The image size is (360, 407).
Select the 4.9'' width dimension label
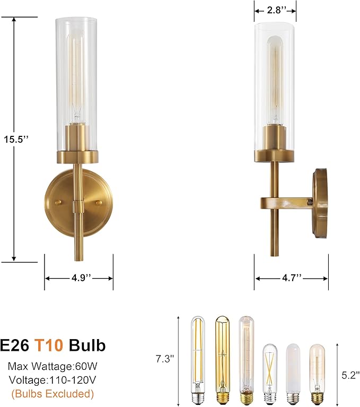(x=78, y=278)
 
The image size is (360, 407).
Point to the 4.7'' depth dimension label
(x=291, y=278)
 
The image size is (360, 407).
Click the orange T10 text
(x=49, y=345)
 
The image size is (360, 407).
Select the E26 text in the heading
(x=14, y=345)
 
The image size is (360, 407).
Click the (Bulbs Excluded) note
(x=52, y=394)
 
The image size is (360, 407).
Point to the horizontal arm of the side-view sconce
(x=286, y=203)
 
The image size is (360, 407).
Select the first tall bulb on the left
(x=198, y=361)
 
